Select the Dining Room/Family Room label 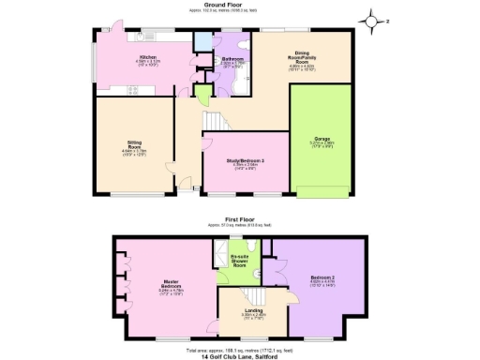300,60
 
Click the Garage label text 322,143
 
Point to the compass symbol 372,20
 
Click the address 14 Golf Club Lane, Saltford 240,355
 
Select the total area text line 240,347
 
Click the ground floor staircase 217,122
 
